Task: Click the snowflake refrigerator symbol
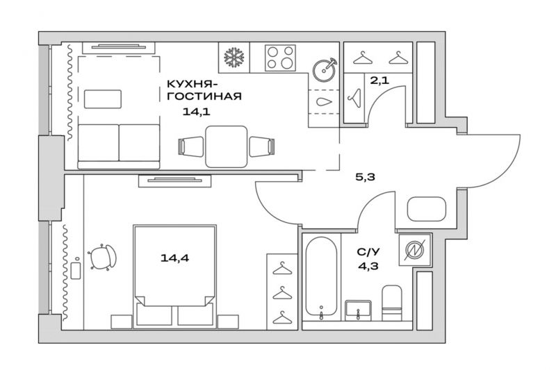coord(234,58)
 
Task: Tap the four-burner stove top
coord(280,58)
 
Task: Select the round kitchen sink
coord(325,69)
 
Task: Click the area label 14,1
coord(197,112)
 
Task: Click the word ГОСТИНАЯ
coord(204,96)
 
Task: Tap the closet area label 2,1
coord(379,81)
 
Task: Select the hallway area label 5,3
coord(366,176)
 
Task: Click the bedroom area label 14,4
coord(175,258)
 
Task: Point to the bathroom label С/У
coord(368,252)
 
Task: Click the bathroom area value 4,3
coord(368,266)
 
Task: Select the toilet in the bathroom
coord(392,303)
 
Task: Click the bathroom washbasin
coord(359,310)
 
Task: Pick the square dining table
coord(227,146)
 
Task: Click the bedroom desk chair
coord(103,257)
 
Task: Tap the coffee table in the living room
coord(103,99)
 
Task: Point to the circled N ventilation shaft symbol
coord(415,250)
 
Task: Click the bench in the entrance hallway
coord(426,209)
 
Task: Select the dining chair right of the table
coord(262,146)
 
